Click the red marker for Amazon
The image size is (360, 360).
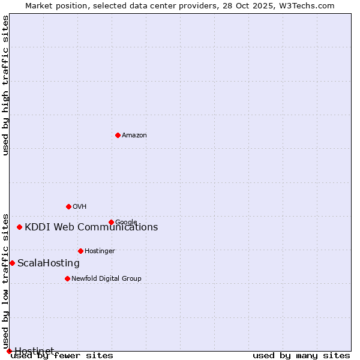pos(118,135)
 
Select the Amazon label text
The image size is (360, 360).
pos(134,136)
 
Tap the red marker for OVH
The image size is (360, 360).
pos(68,206)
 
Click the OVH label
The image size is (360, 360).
pos(80,207)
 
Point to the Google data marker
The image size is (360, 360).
pos(111,222)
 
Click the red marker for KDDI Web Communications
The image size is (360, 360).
pos(20,227)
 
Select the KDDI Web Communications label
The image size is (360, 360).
pos(91,227)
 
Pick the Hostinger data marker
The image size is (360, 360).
pos(80,251)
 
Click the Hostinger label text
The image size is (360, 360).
pos(100,251)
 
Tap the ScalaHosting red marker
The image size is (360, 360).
pos(12,263)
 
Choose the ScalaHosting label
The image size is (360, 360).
pos(49,263)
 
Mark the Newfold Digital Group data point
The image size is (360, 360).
pos(67,278)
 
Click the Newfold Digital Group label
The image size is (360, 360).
pos(106,279)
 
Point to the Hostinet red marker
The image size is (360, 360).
pos(9,351)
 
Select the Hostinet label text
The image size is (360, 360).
pos(34,350)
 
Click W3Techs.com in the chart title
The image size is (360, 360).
pos(309,5)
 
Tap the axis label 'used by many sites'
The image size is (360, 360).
pos(301,356)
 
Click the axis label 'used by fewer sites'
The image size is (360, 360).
pos(62,356)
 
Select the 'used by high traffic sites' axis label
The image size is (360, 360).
pos(5,85)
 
